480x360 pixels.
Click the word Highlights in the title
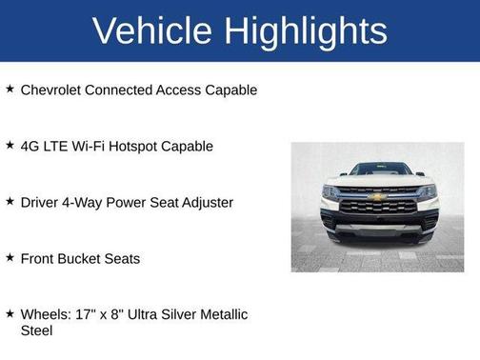tap(308, 31)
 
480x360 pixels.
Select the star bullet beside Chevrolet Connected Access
tap(10, 89)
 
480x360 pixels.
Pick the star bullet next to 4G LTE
tap(10, 145)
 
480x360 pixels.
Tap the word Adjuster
tap(201, 202)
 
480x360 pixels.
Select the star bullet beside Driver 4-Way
tap(10, 201)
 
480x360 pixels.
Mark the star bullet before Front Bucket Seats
tap(10, 257)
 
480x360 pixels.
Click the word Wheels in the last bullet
tap(46, 314)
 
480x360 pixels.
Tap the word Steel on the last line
tap(37, 330)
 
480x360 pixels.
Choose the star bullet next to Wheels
tap(10, 313)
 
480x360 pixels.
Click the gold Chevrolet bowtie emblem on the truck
tap(378, 197)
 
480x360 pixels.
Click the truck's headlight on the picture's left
tap(330, 191)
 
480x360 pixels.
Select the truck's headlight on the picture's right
tap(427, 191)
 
